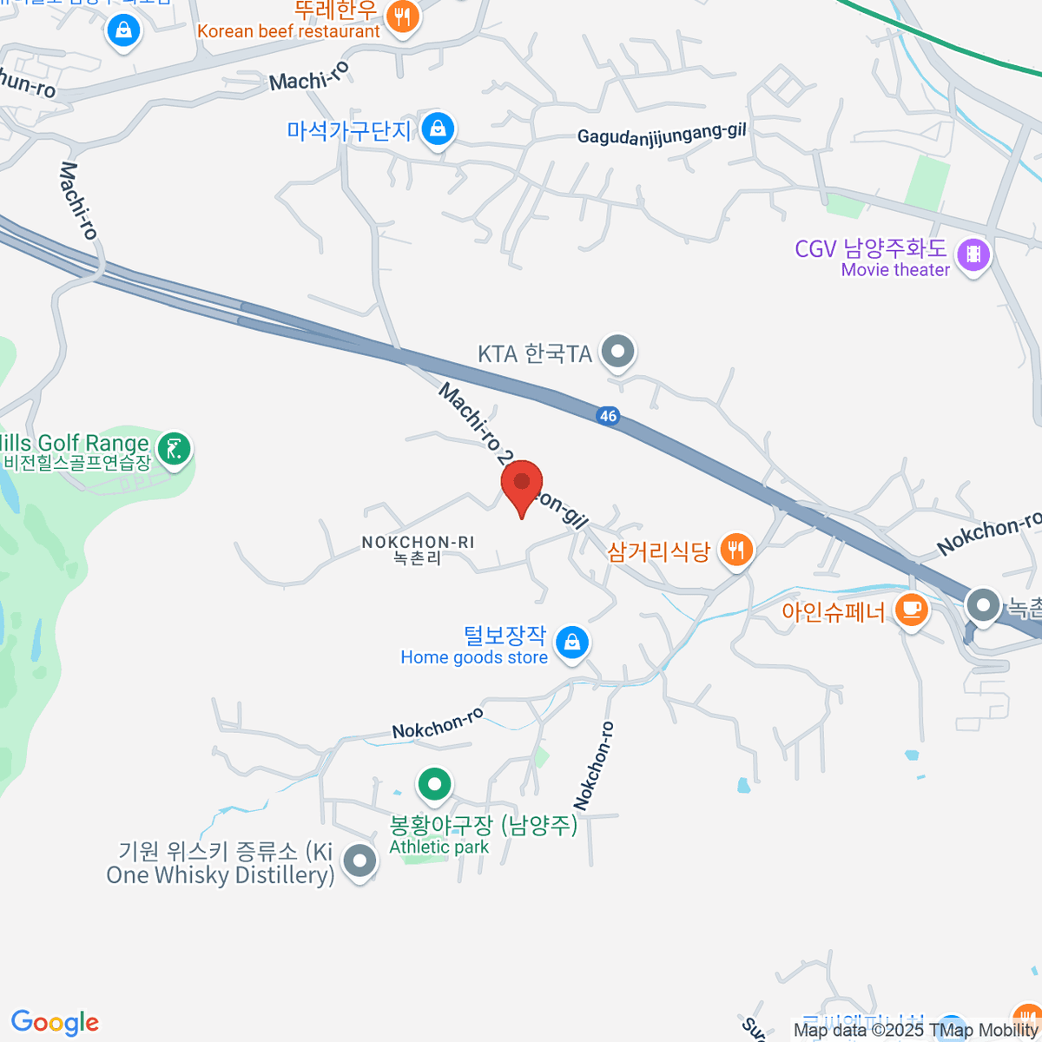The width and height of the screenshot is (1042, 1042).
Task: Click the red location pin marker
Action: (522, 484)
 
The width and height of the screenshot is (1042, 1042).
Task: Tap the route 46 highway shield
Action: (608, 416)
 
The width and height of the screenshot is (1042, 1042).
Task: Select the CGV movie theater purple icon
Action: (973, 254)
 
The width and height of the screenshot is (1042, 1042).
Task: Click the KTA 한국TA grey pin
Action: (619, 353)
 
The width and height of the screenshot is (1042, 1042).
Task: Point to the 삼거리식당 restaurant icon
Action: (736, 551)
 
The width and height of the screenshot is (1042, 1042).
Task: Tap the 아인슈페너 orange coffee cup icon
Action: (911, 610)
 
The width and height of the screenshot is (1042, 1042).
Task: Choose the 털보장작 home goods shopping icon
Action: (571, 643)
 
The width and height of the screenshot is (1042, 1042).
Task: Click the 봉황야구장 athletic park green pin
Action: (434, 785)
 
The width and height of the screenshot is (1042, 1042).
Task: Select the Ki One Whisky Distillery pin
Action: (359, 862)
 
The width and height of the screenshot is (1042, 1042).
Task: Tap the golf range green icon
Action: (175, 449)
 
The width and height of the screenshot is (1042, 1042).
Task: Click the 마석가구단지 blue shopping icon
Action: (438, 130)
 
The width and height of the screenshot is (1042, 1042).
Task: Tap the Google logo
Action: (55, 1023)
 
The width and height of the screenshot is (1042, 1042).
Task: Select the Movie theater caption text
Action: (894, 270)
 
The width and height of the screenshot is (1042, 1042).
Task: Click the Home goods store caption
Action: (474, 657)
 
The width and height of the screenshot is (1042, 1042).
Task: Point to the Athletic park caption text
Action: (439, 847)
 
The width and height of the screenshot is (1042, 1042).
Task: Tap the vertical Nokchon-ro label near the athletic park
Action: (594, 766)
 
